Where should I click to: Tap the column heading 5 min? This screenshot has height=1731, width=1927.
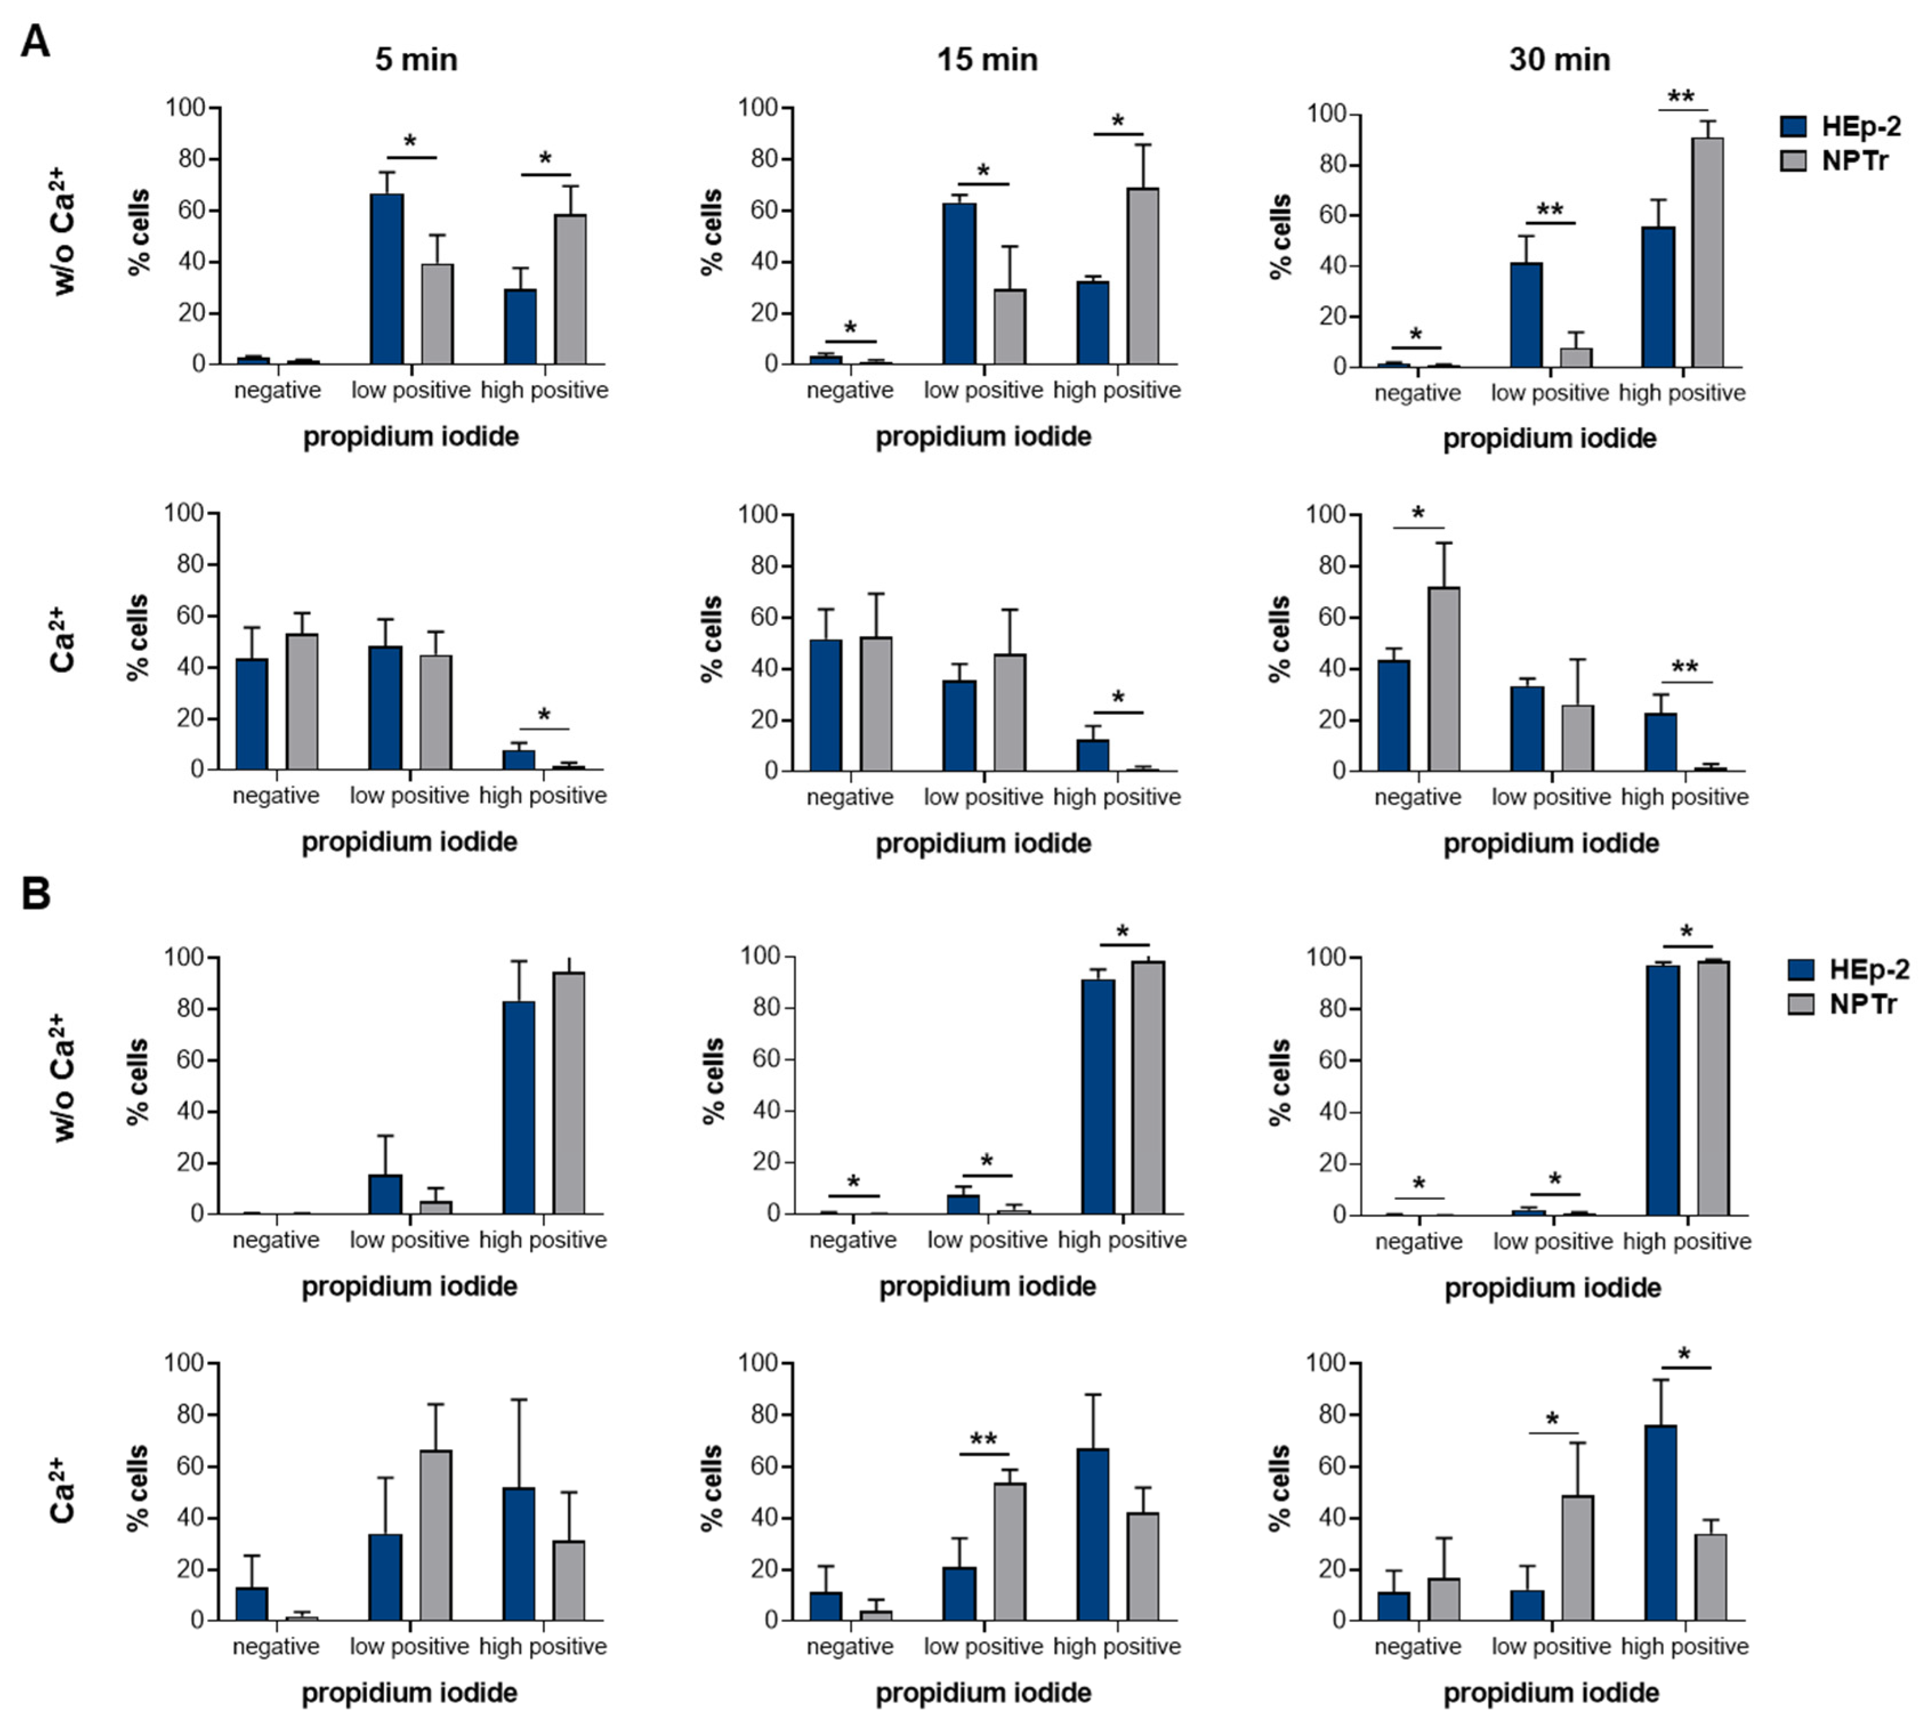(x=415, y=60)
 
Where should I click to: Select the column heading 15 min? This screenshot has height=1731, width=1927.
(x=987, y=60)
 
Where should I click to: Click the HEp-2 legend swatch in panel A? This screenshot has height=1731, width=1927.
(x=1793, y=127)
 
